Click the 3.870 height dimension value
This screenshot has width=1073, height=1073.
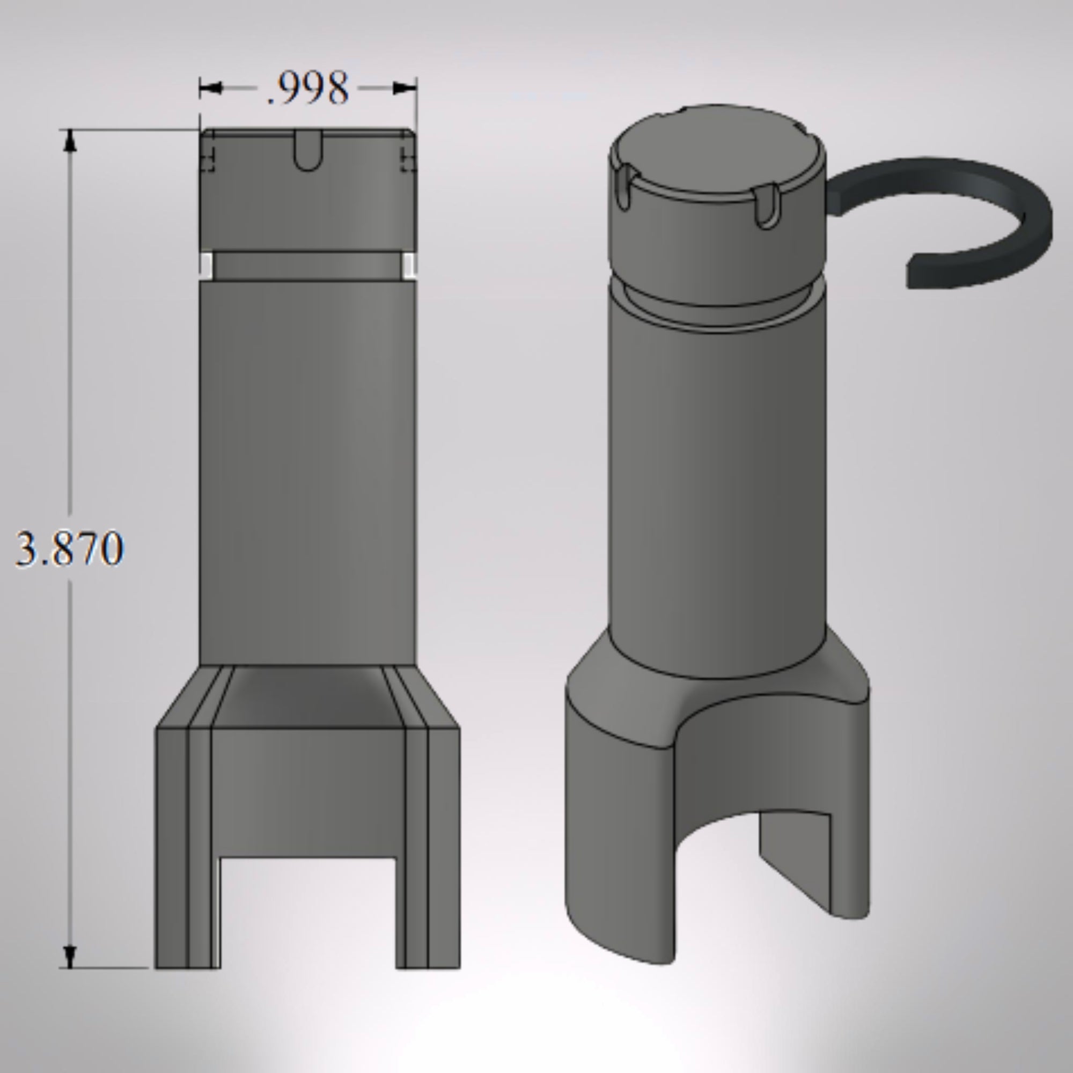click(69, 549)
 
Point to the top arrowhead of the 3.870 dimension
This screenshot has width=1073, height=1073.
click(69, 141)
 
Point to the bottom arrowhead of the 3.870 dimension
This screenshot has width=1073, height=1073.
click(69, 957)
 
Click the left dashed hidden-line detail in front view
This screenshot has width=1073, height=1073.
click(208, 159)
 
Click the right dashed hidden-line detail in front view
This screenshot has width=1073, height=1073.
click(408, 159)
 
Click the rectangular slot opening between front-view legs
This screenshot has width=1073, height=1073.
click(308, 911)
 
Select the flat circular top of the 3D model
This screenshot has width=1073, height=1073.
click(716, 150)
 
